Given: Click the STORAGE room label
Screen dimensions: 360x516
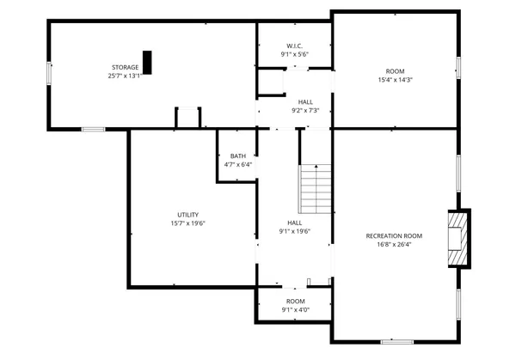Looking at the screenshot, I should pos(125,67).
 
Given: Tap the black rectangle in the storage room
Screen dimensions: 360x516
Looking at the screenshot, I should pos(147,63).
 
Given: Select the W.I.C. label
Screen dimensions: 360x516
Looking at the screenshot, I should pos(294,46).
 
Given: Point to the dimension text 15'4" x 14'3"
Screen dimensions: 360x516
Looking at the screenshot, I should pos(396,80).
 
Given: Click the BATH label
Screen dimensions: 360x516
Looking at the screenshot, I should pos(237,156).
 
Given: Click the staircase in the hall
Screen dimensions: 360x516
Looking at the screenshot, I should pos(315,189).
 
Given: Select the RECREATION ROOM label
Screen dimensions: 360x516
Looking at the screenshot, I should pos(394,235).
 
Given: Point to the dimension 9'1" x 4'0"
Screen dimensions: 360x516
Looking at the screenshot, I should pos(295,310).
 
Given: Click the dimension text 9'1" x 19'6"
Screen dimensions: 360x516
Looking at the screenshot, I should pos(294,231).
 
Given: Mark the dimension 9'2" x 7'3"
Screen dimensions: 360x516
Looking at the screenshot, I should pos(305,110).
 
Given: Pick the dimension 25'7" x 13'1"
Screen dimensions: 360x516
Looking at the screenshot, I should pos(125,76).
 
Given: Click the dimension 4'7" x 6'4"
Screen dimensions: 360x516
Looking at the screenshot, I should pos(237,164).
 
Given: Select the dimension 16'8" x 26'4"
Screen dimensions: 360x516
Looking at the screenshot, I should pos(394,244).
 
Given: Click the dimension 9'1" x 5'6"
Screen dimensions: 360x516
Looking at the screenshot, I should pos(294,54).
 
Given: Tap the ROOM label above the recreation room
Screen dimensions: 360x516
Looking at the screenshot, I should pos(396,71).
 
